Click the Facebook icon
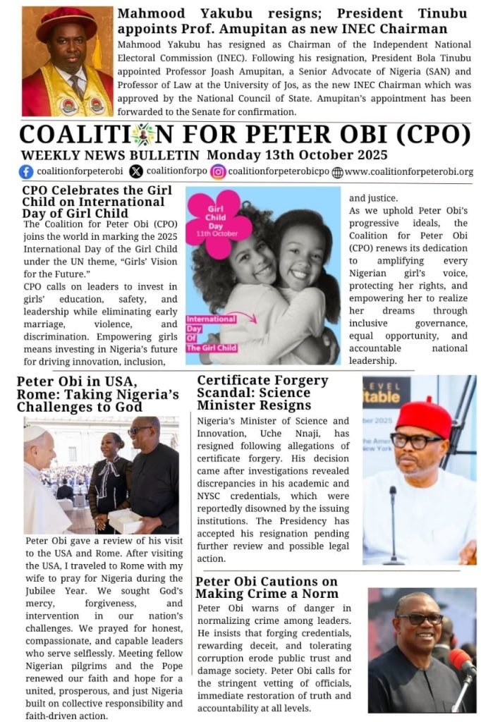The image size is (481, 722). [x=27, y=171]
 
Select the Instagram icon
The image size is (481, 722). [x=218, y=171]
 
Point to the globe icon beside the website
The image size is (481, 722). [x=337, y=172]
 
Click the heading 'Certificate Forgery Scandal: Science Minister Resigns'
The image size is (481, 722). [x=262, y=393]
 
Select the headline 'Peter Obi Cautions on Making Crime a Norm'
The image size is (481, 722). [x=267, y=587]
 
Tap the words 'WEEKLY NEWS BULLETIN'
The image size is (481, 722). [x=111, y=154]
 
